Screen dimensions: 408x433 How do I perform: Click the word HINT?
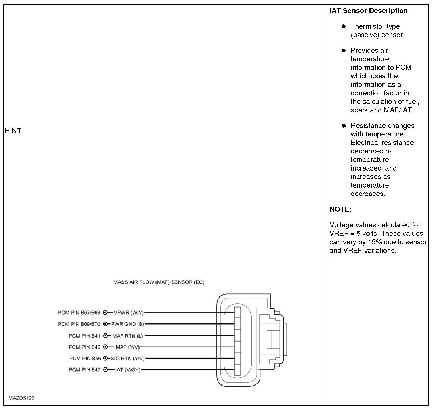point(13,131)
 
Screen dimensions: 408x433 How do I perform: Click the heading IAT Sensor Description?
point(368,11)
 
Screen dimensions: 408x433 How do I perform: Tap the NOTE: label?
point(340,209)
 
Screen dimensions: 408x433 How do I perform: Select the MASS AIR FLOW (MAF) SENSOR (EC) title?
point(159,282)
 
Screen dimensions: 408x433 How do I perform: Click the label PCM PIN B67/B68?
point(79,313)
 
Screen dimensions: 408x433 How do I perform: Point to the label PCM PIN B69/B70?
point(79,324)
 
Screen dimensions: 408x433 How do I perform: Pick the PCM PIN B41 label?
point(85,336)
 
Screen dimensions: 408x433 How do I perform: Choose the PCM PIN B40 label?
point(85,347)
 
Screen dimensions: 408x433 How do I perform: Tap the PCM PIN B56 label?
point(85,359)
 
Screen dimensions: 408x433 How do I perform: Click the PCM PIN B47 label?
point(85,370)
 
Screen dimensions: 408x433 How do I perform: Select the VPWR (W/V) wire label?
point(129,313)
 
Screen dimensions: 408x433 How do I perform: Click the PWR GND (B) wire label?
point(127,324)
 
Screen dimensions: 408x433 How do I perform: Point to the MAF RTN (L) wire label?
point(128,336)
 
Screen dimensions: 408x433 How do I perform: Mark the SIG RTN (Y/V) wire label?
point(128,359)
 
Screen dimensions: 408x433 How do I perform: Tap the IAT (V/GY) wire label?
point(128,370)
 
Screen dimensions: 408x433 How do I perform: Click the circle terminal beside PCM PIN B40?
point(106,347)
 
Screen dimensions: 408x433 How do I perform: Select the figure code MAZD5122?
point(21,398)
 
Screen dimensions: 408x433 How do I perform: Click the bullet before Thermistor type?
point(344,26)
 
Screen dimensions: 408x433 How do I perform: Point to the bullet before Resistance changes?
point(344,126)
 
